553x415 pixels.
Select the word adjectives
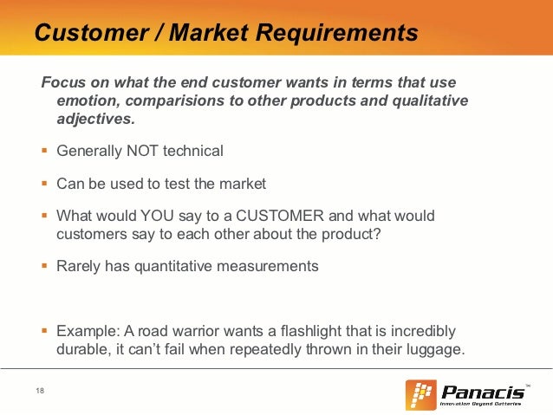(91, 119)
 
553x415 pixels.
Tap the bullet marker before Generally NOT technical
(45, 151)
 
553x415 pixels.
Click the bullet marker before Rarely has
(45, 266)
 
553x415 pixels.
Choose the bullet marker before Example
(45, 333)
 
